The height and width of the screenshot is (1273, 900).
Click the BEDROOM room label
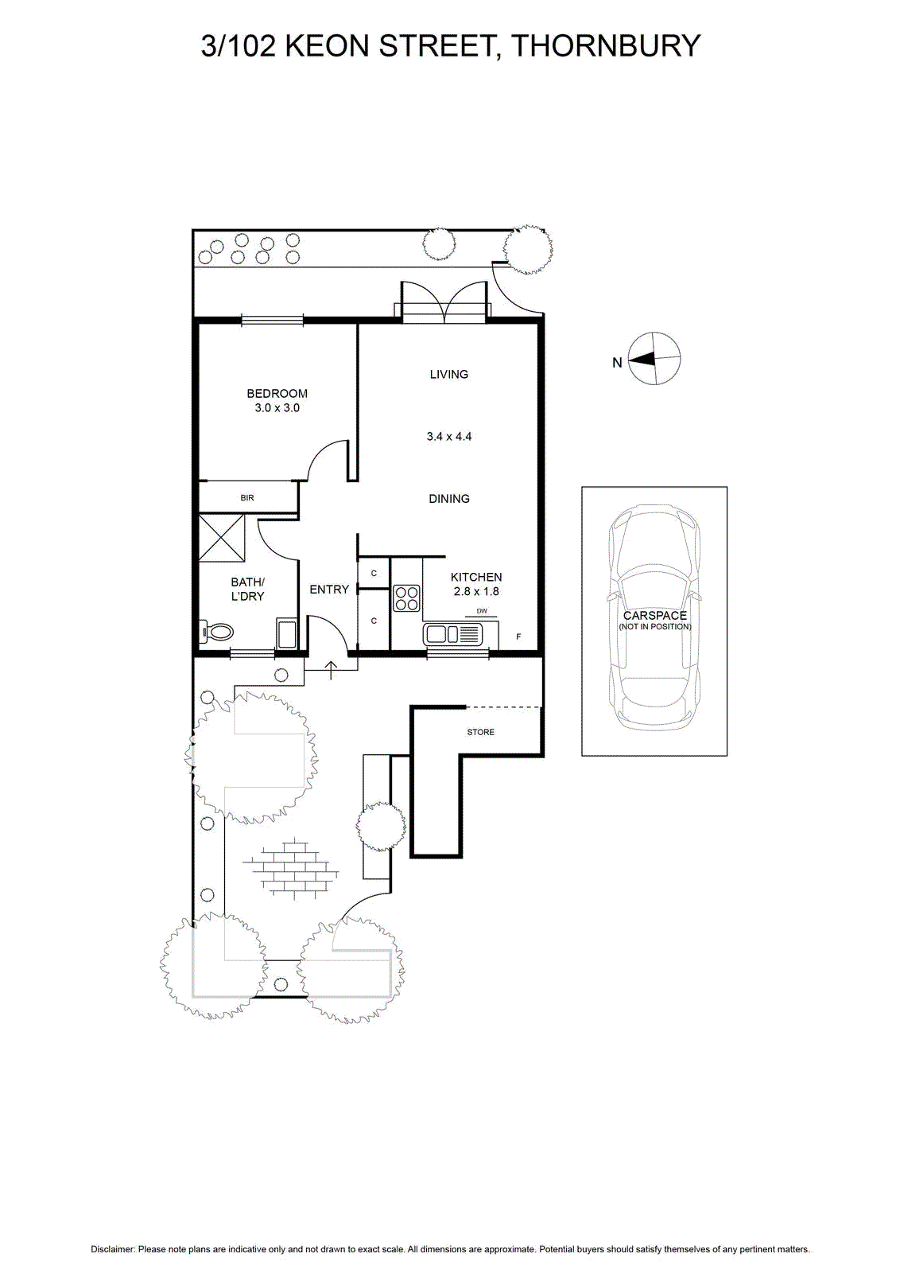(277, 393)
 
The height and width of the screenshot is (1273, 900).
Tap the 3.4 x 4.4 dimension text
(449, 437)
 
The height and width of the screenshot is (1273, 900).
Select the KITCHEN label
(476, 577)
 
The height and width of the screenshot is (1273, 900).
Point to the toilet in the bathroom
(217, 632)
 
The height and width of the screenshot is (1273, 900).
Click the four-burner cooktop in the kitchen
(406, 598)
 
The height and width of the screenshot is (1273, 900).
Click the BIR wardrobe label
(247, 498)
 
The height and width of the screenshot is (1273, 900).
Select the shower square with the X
(222, 538)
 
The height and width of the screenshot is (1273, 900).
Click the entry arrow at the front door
(331, 670)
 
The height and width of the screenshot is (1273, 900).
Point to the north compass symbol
(654, 359)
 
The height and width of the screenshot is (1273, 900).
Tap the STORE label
(480, 732)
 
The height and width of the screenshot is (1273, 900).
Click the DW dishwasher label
(482, 611)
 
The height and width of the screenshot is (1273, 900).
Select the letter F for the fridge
(518, 637)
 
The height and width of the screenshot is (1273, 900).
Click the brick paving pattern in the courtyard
(291, 868)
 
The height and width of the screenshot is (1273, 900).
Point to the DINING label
(449, 498)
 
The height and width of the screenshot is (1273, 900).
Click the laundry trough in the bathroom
(286, 633)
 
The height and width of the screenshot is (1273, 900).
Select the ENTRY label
(329, 590)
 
